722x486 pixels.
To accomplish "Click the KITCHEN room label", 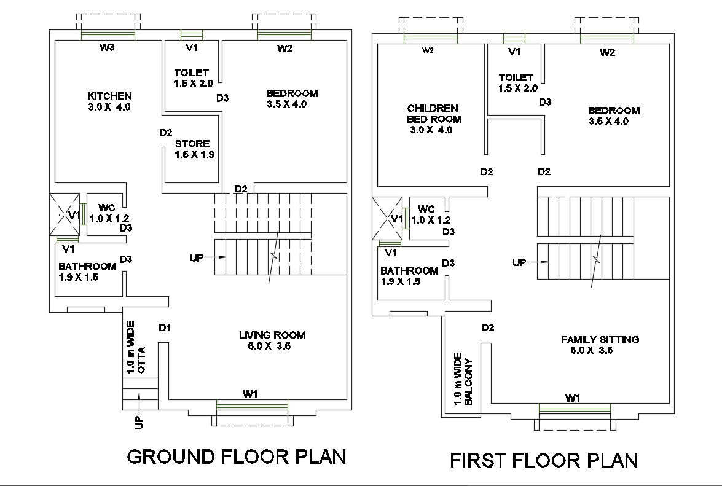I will [109, 96].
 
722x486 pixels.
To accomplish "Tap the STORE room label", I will [192, 144].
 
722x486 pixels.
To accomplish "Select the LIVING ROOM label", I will [272, 335].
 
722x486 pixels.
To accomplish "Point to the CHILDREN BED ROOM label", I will [433, 114].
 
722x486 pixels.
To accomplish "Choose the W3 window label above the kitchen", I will [108, 47].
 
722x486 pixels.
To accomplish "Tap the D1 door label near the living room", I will [164, 327].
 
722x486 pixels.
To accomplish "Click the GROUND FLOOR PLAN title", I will [236, 457].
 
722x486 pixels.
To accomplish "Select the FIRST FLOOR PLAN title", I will [544, 460].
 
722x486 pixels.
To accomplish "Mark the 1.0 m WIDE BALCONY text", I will [463, 378].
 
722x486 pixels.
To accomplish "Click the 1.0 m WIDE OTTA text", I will [135, 347].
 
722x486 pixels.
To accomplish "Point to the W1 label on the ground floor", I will [249, 393].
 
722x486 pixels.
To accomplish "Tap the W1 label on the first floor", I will [573, 398].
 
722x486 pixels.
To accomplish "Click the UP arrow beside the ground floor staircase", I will [203, 257].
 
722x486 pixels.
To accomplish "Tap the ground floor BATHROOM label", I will [87, 267].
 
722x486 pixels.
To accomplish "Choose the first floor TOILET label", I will [516, 77].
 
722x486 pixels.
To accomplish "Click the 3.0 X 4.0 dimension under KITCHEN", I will [109, 106].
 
